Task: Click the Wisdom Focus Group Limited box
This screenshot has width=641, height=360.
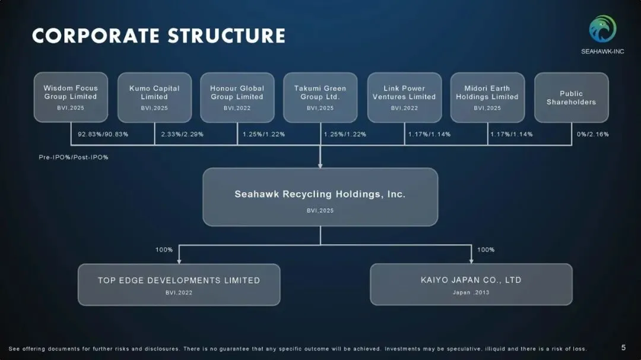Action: [x=71, y=97]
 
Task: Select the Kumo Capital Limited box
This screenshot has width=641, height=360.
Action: [x=154, y=97]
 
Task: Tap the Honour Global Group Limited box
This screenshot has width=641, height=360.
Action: [x=237, y=97]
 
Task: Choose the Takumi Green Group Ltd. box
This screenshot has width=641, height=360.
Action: [x=320, y=97]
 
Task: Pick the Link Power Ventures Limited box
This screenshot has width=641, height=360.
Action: [x=404, y=97]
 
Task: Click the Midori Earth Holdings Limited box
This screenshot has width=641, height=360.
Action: [x=487, y=97]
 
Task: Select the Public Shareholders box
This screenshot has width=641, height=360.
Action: [x=571, y=97]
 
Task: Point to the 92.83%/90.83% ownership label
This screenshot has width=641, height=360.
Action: [x=103, y=134]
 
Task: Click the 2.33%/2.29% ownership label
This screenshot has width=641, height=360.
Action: [x=182, y=134]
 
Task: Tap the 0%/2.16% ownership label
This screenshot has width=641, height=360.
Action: [x=592, y=134]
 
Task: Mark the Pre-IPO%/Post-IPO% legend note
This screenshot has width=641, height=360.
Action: [x=74, y=157]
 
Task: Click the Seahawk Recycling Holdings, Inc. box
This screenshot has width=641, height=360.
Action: [x=320, y=197]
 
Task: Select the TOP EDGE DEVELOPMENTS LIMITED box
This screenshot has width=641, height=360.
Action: [x=179, y=285]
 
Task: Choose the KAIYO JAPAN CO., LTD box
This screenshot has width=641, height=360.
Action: [x=471, y=285]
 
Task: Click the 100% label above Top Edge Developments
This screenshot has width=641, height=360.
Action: [x=164, y=250]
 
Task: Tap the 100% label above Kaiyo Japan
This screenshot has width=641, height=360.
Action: [x=485, y=250]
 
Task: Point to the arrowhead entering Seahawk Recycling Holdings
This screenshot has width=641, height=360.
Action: [x=320, y=165]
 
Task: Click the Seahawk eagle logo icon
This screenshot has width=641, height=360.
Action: [x=602, y=28]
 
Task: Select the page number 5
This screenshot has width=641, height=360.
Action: [x=623, y=348]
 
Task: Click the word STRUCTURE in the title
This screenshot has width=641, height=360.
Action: [x=226, y=36]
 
